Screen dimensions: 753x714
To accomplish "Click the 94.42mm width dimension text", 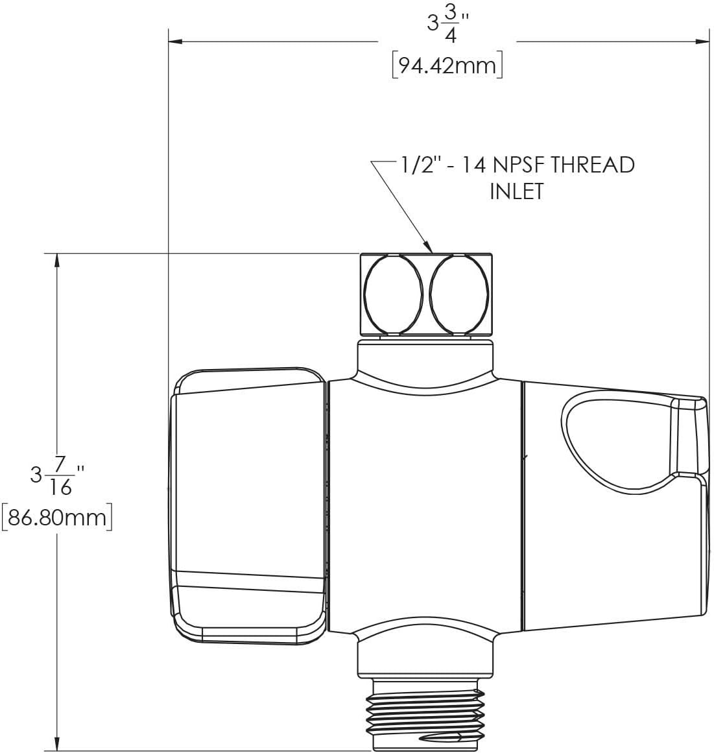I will (447, 66).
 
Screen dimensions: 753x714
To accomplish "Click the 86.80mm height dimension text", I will (57, 518).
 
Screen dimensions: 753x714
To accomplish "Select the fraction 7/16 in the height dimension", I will (60, 475).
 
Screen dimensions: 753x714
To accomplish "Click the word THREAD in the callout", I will (592, 165).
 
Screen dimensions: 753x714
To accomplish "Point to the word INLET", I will (516, 191).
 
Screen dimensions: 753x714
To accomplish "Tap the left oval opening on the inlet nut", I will (394, 294).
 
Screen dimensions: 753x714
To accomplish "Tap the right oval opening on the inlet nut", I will (459, 294).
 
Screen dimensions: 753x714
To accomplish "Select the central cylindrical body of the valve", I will (425, 506).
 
